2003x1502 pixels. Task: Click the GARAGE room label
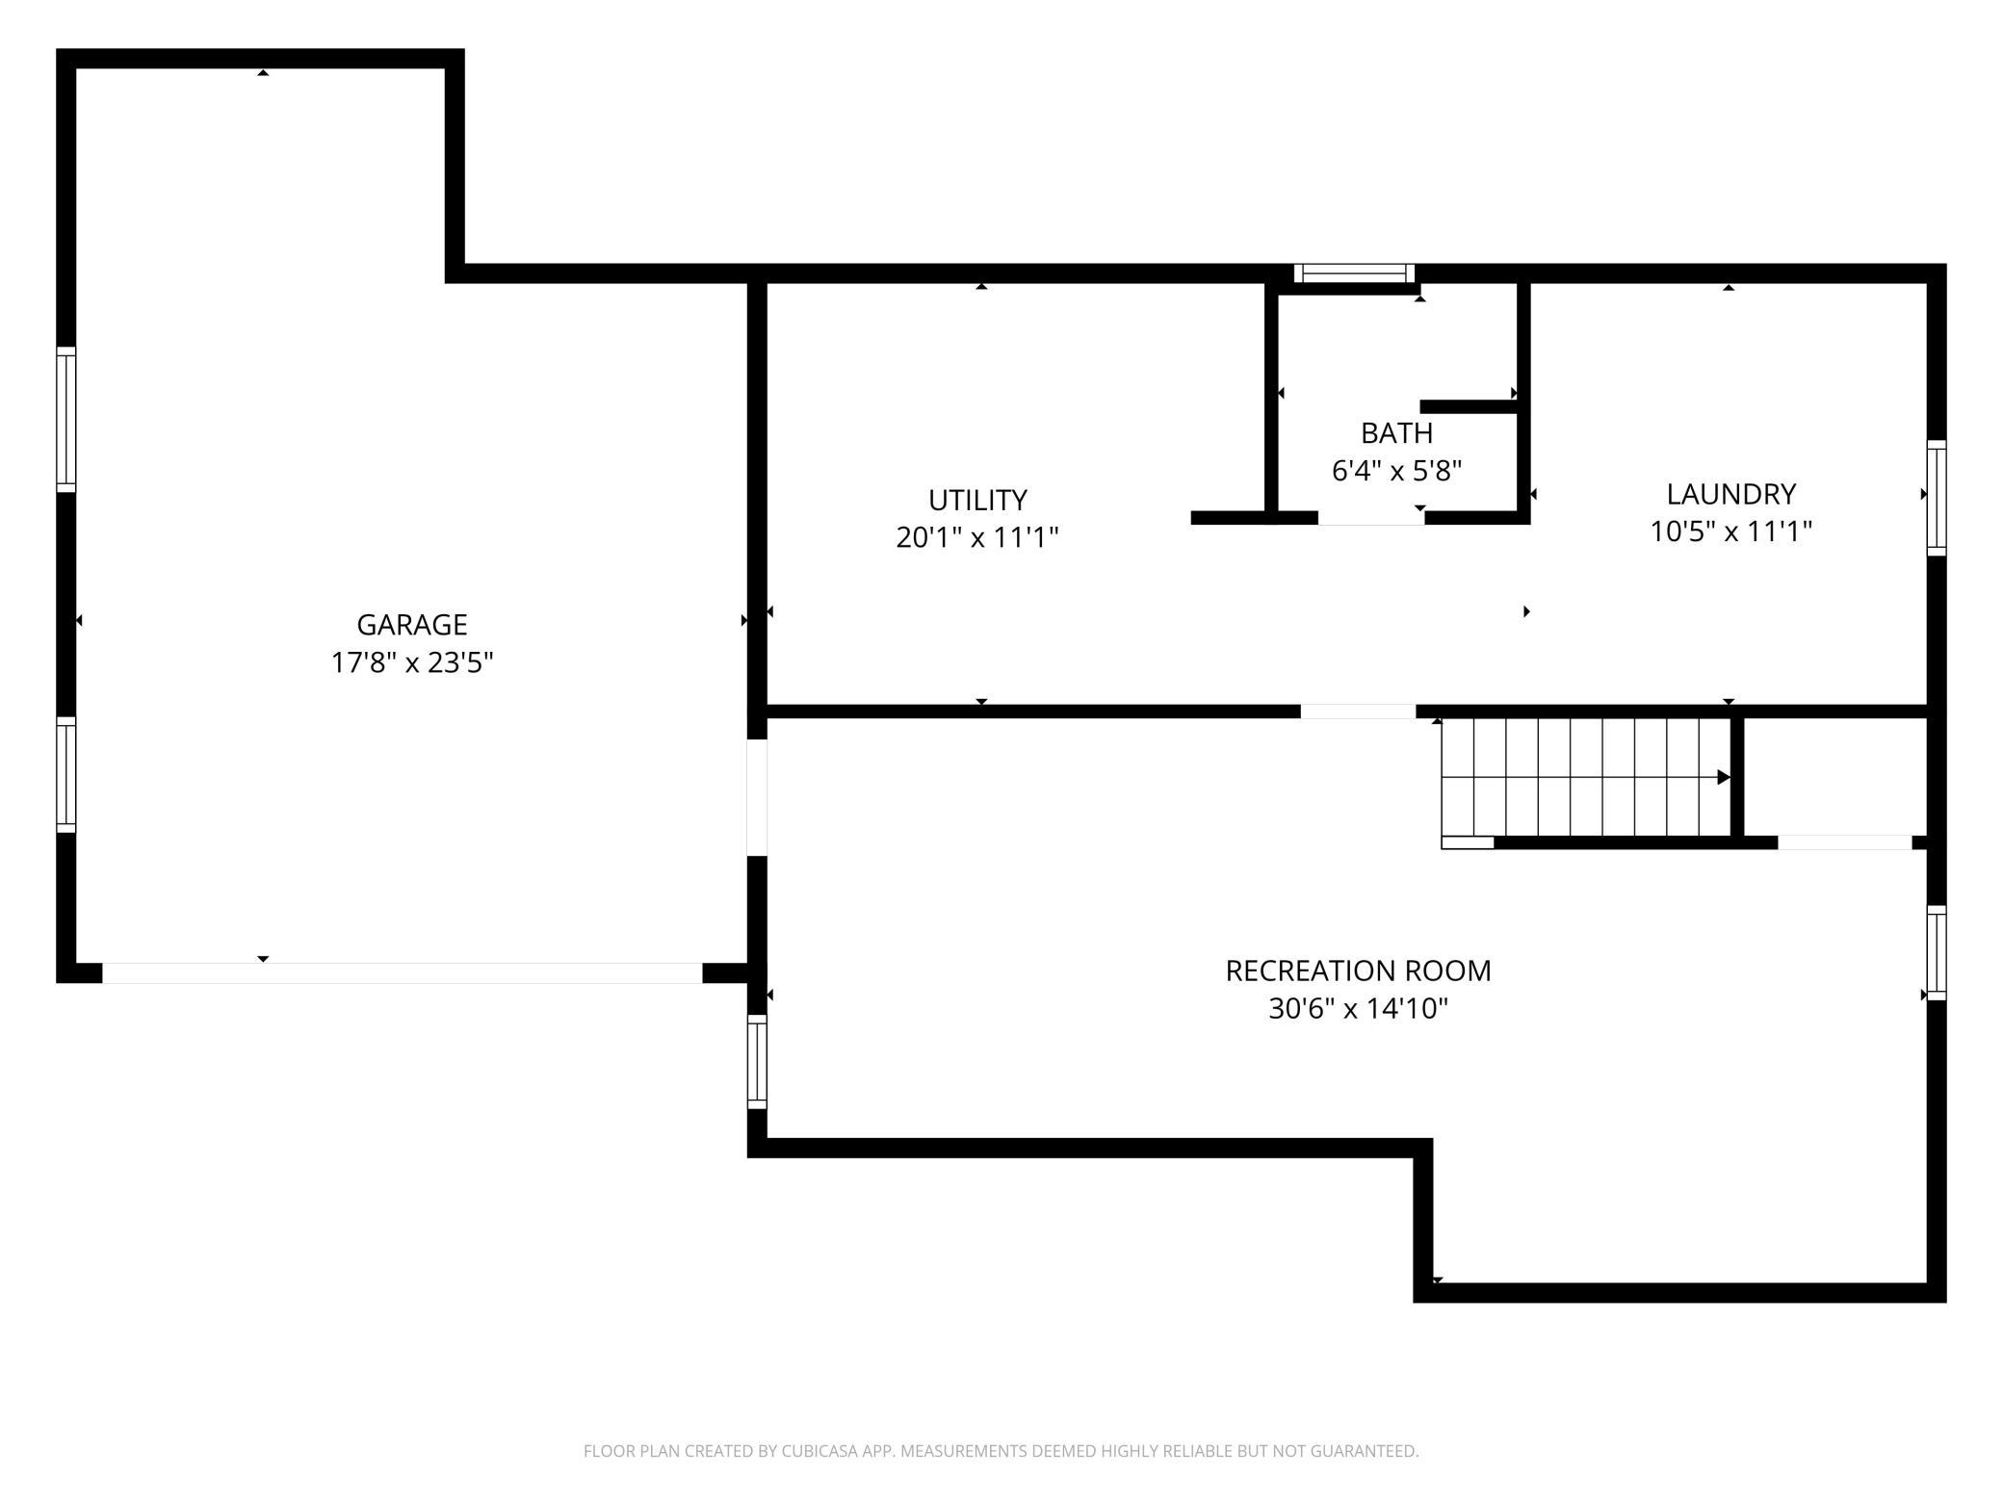[x=412, y=625]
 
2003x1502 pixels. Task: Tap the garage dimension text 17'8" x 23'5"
[x=412, y=662]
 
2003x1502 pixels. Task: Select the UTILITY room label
[x=977, y=500]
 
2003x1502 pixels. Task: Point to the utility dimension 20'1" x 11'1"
[x=977, y=537]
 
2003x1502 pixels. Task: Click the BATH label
[x=1396, y=432]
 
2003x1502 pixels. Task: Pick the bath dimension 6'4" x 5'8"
[x=1396, y=471]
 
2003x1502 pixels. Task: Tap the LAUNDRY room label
[x=1731, y=494]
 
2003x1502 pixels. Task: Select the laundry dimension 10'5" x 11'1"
[x=1731, y=531]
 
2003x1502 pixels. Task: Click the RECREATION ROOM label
[x=1358, y=971]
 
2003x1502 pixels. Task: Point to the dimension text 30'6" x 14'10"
[x=1358, y=1008]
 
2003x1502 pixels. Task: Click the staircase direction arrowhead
[x=1724, y=777]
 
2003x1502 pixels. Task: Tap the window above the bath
[x=1355, y=273]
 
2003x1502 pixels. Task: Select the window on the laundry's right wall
[x=1937, y=498]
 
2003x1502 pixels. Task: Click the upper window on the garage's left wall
[x=65, y=419]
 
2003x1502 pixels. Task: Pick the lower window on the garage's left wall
[x=65, y=774]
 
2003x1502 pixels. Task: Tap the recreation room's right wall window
[x=1937, y=952]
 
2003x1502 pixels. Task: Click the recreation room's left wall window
[x=757, y=1062]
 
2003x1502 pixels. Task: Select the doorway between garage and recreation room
[x=757, y=797]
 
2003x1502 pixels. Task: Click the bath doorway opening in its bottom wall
[x=1371, y=518]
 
